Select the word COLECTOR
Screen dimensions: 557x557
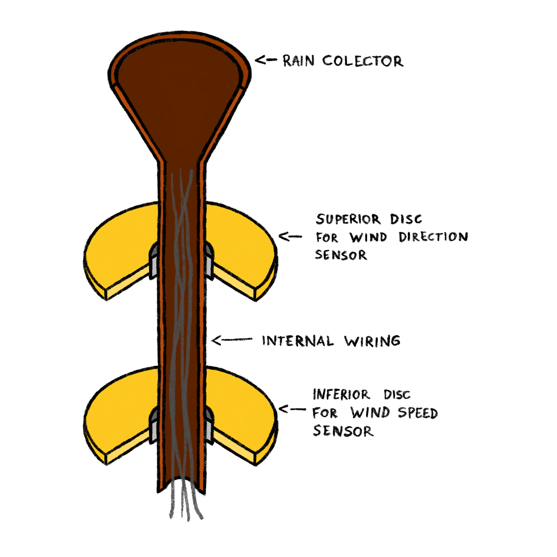(x=363, y=61)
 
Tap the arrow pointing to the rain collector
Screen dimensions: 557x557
(x=265, y=60)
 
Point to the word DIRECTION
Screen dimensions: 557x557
(x=433, y=237)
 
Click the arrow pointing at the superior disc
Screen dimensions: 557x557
(x=290, y=237)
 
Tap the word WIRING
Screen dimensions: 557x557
(x=372, y=341)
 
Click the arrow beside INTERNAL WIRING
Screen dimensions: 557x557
(x=231, y=340)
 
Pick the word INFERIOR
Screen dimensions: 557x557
(x=341, y=395)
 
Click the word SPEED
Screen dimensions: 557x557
(x=418, y=413)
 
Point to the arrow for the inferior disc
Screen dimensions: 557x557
(x=292, y=409)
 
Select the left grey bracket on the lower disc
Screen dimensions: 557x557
(x=153, y=426)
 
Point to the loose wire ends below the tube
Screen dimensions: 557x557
(x=184, y=502)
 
